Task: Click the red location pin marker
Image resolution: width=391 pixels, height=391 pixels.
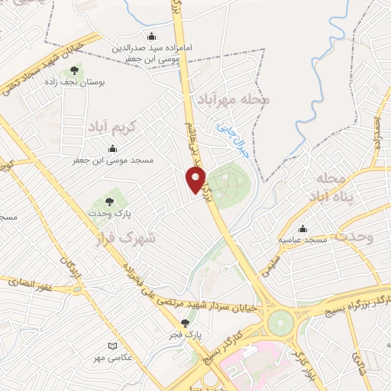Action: pos(195,180)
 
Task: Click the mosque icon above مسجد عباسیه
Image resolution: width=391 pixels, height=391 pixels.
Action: pos(303,228)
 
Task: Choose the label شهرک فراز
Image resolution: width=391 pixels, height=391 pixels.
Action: pos(128,236)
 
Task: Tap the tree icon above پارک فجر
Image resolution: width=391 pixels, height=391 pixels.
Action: pos(185,323)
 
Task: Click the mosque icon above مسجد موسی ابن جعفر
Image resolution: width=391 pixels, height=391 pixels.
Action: pos(113,148)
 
